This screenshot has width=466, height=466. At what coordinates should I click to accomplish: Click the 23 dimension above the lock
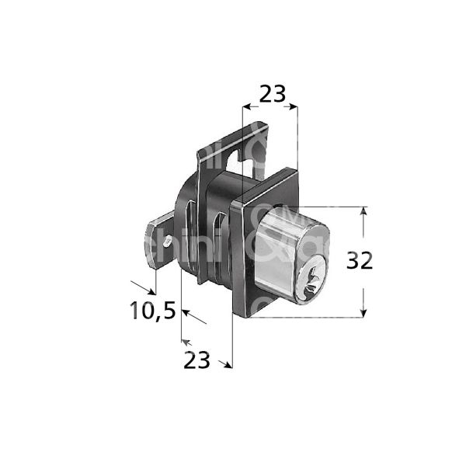[271, 94]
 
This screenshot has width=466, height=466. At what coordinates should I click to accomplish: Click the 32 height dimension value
[358, 261]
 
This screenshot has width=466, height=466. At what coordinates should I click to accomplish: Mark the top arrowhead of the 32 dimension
[363, 210]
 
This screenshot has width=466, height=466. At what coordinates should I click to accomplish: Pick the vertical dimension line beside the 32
[363, 233]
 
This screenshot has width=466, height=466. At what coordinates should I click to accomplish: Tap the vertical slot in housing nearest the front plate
[225, 241]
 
